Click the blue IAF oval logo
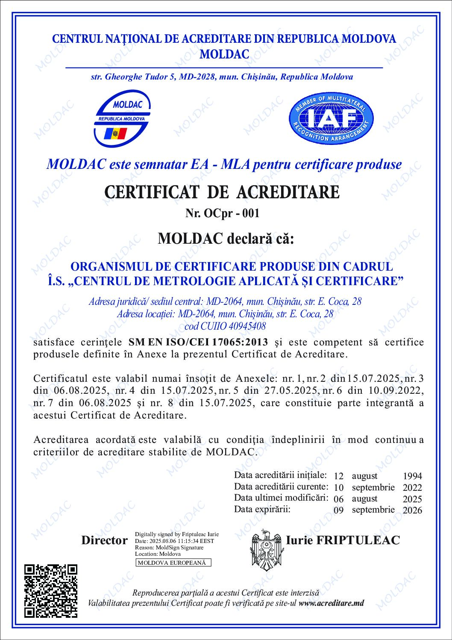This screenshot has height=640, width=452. click(331, 118)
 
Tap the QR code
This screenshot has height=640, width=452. click(51, 591)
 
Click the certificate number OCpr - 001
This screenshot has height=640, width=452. click(222, 213)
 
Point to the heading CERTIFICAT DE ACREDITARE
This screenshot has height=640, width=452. click(222, 192)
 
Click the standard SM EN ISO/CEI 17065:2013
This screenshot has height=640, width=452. click(199, 342)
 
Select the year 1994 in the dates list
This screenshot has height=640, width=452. click(412, 476)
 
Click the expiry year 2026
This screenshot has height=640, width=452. click(412, 510)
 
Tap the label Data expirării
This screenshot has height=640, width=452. click(262, 509)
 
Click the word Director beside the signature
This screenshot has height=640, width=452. click(104, 540)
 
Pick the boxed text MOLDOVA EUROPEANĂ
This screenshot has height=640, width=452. click(173, 563)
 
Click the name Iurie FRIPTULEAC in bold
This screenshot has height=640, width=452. click(343, 540)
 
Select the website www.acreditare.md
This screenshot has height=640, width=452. click(332, 603)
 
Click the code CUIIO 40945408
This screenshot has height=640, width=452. click(225, 326)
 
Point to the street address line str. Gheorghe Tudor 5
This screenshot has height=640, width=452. click(222, 77)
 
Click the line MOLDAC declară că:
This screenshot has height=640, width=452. click(226, 238)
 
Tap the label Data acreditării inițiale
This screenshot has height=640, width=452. click(280, 475)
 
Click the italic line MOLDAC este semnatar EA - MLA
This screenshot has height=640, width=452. click(224, 165)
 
